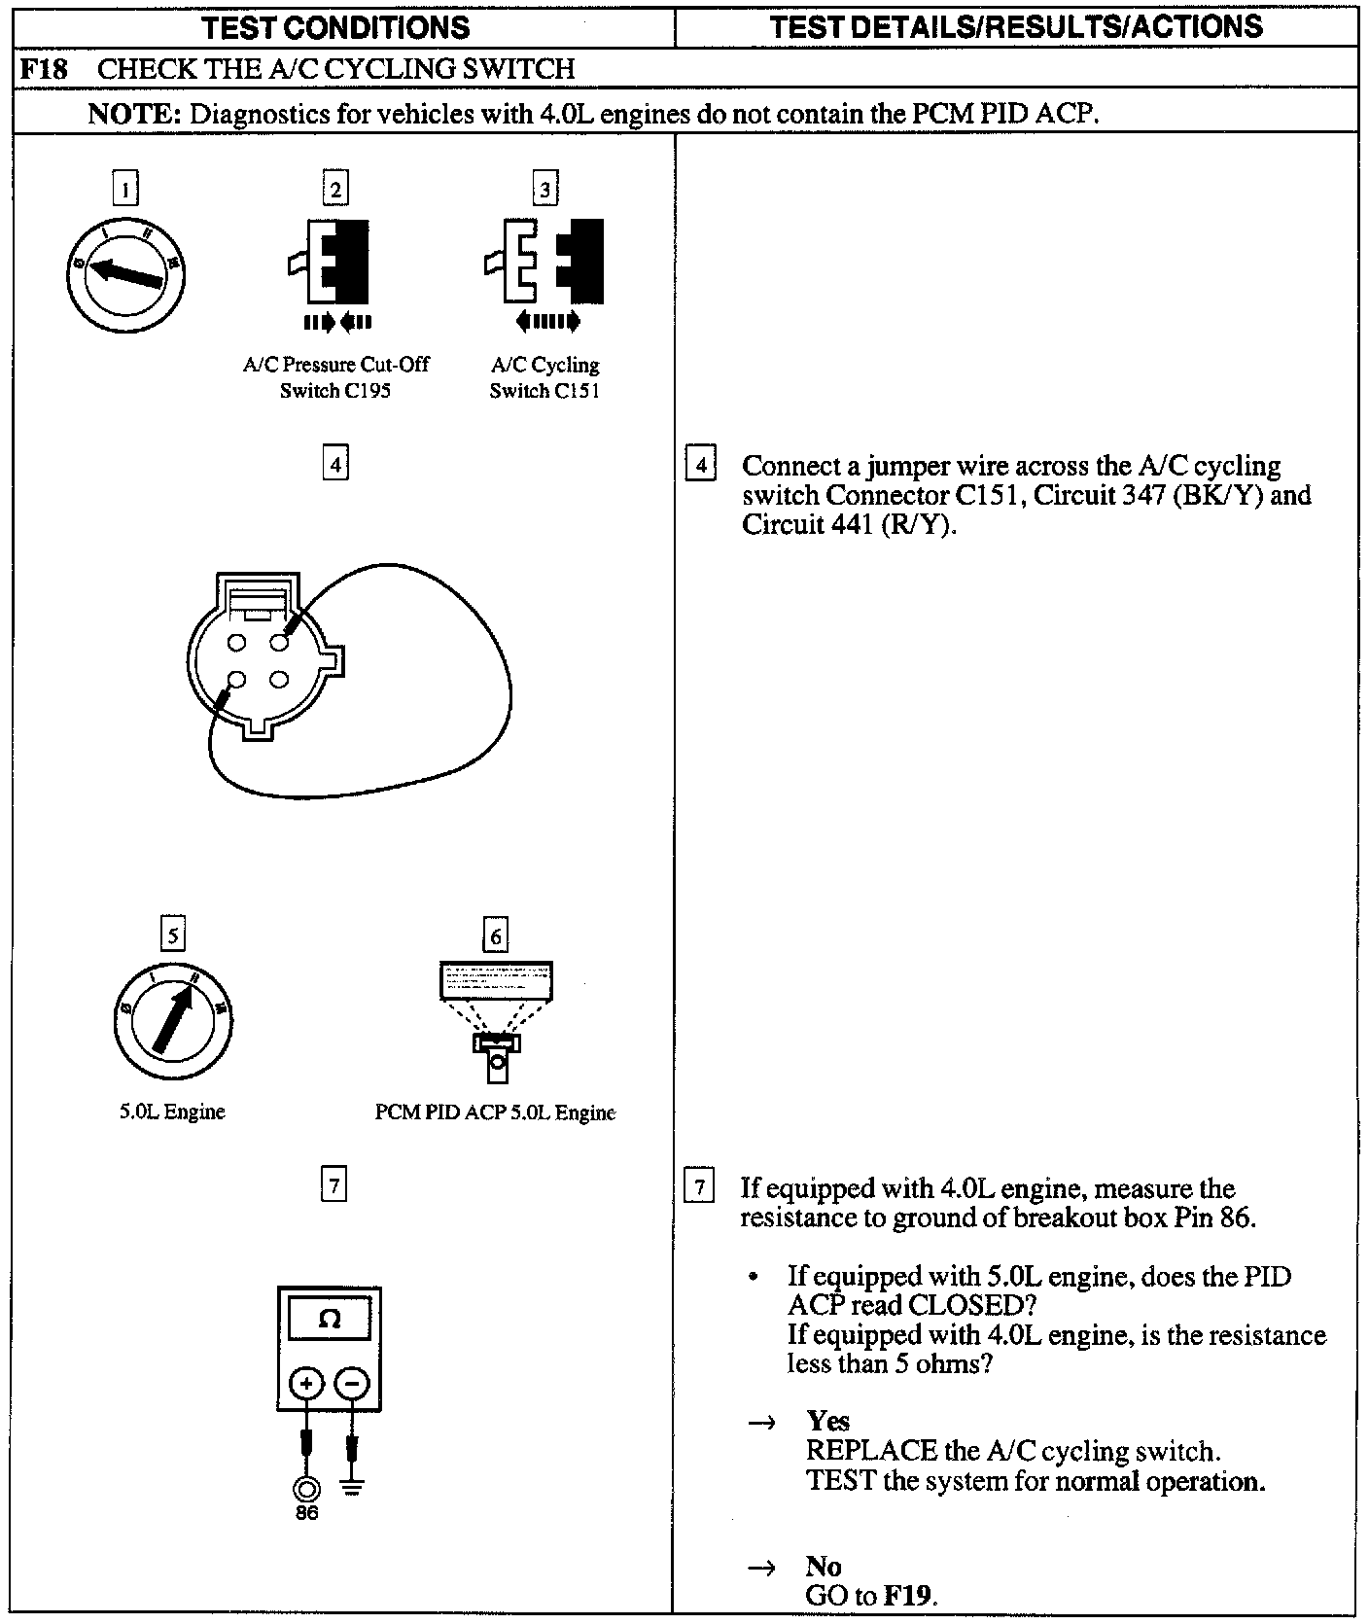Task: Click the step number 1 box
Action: coord(125,188)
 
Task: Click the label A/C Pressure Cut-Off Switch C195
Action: coord(335,377)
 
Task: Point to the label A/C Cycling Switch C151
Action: coord(544,377)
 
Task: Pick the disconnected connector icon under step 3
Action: coord(544,261)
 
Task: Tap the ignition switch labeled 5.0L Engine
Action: coord(173,1021)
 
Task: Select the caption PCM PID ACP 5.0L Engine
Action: coord(495,1112)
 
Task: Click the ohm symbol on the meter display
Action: coord(329,1320)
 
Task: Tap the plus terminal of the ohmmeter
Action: coord(307,1384)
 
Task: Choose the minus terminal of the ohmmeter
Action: coord(352,1384)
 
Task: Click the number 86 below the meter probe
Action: coord(306,1513)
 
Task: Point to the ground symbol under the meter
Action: coord(352,1488)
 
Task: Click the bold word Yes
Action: coord(827,1422)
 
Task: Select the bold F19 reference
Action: coord(908,1596)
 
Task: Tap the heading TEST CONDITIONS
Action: coord(336,26)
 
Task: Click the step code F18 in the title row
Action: coord(44,69)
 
